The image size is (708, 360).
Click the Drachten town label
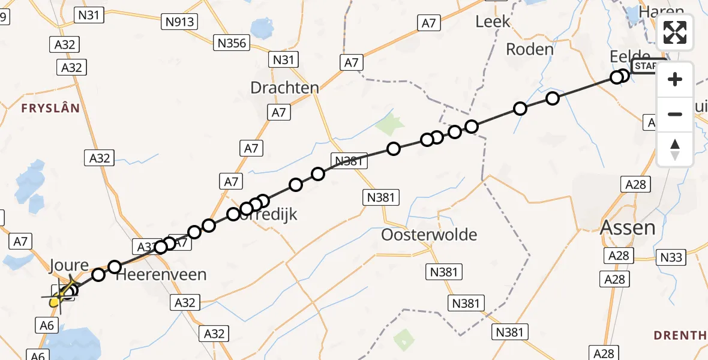tap(284, 88)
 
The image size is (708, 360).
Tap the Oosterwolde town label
tap(429, 234)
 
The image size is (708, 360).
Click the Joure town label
tap(69, 265)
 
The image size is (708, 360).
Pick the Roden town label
tap(529, 49)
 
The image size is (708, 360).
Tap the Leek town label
tap(493, 22)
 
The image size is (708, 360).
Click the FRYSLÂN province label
tap(50, 108)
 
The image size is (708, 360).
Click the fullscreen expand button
tap(675, 32)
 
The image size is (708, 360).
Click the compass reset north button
tap(675, 149)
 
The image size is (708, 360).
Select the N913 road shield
tap(180, 22)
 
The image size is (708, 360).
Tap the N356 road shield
tap(232, 43)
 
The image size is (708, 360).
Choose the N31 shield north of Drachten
tap(284, 59)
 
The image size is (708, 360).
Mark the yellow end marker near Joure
tap(54, 302)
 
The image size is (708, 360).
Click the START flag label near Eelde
tap(647, 66)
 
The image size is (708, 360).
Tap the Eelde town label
tap(629, 56)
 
